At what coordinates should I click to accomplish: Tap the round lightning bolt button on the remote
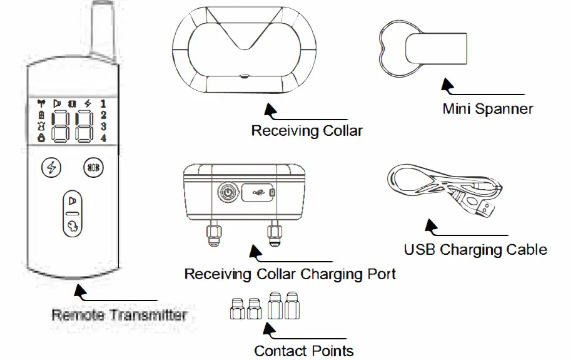coord(51,167)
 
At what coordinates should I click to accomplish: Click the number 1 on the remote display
coord(103,103)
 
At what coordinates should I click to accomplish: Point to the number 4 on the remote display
coord(103,138)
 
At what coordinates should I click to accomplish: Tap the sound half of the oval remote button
coord(73,201)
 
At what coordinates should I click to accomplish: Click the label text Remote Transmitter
coord(118,314)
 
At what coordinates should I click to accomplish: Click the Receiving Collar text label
coord(307,131)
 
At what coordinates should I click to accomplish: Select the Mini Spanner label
coord(487,109)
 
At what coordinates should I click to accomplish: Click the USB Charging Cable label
coord(475,249)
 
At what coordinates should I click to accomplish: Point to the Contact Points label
coord(303,350)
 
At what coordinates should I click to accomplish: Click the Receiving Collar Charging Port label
coord(290,274)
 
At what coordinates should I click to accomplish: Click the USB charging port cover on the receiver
coord(257,192)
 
